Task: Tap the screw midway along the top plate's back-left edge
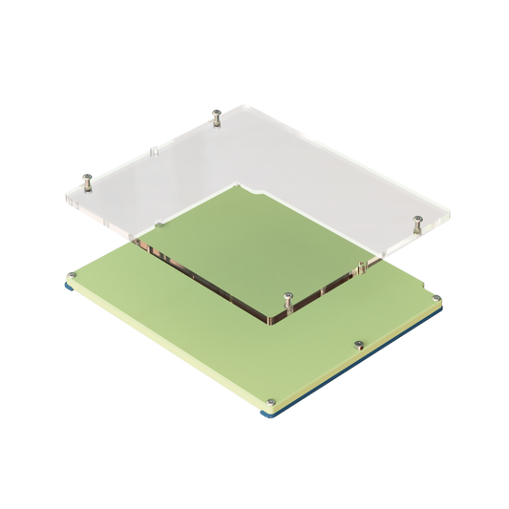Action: tap(154, 148)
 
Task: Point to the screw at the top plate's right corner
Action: tap(416, 222)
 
